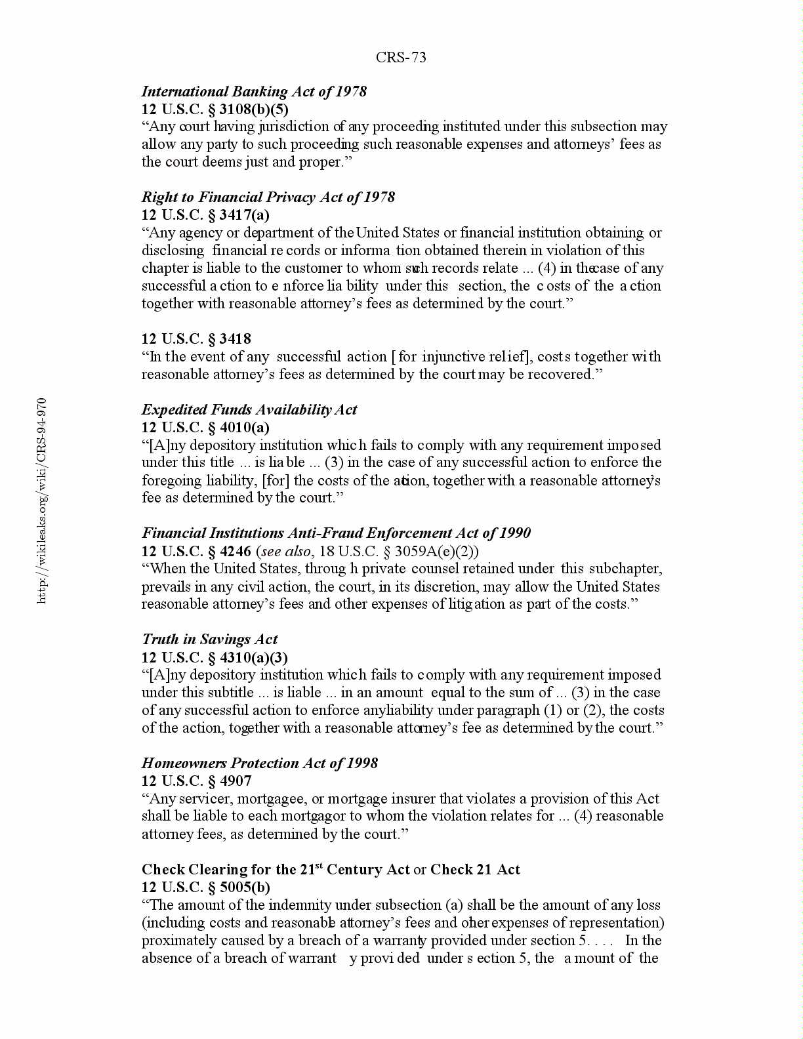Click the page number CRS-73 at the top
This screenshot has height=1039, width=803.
(401, 58)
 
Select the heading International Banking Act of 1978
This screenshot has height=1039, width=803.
(254, 91)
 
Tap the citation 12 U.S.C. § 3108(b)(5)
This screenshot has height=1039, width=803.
(215, 109)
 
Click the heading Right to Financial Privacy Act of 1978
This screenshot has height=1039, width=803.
(268, 197)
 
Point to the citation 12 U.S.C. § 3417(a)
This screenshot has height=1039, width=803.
(205, 214)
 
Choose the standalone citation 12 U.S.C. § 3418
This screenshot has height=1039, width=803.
(196, 338)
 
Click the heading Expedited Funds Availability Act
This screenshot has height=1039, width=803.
(249, 409)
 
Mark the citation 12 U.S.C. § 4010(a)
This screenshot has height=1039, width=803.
(205, 427)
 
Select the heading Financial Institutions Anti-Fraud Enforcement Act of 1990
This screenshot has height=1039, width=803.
(336, 533)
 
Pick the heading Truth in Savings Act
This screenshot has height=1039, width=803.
(209, 639)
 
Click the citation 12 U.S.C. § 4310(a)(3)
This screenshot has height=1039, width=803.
(215, 657)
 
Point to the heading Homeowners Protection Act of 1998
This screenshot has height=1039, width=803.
(260, 763)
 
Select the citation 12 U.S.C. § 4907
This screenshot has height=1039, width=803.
(196, 781)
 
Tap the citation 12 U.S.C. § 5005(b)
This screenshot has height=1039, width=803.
(206, 887)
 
